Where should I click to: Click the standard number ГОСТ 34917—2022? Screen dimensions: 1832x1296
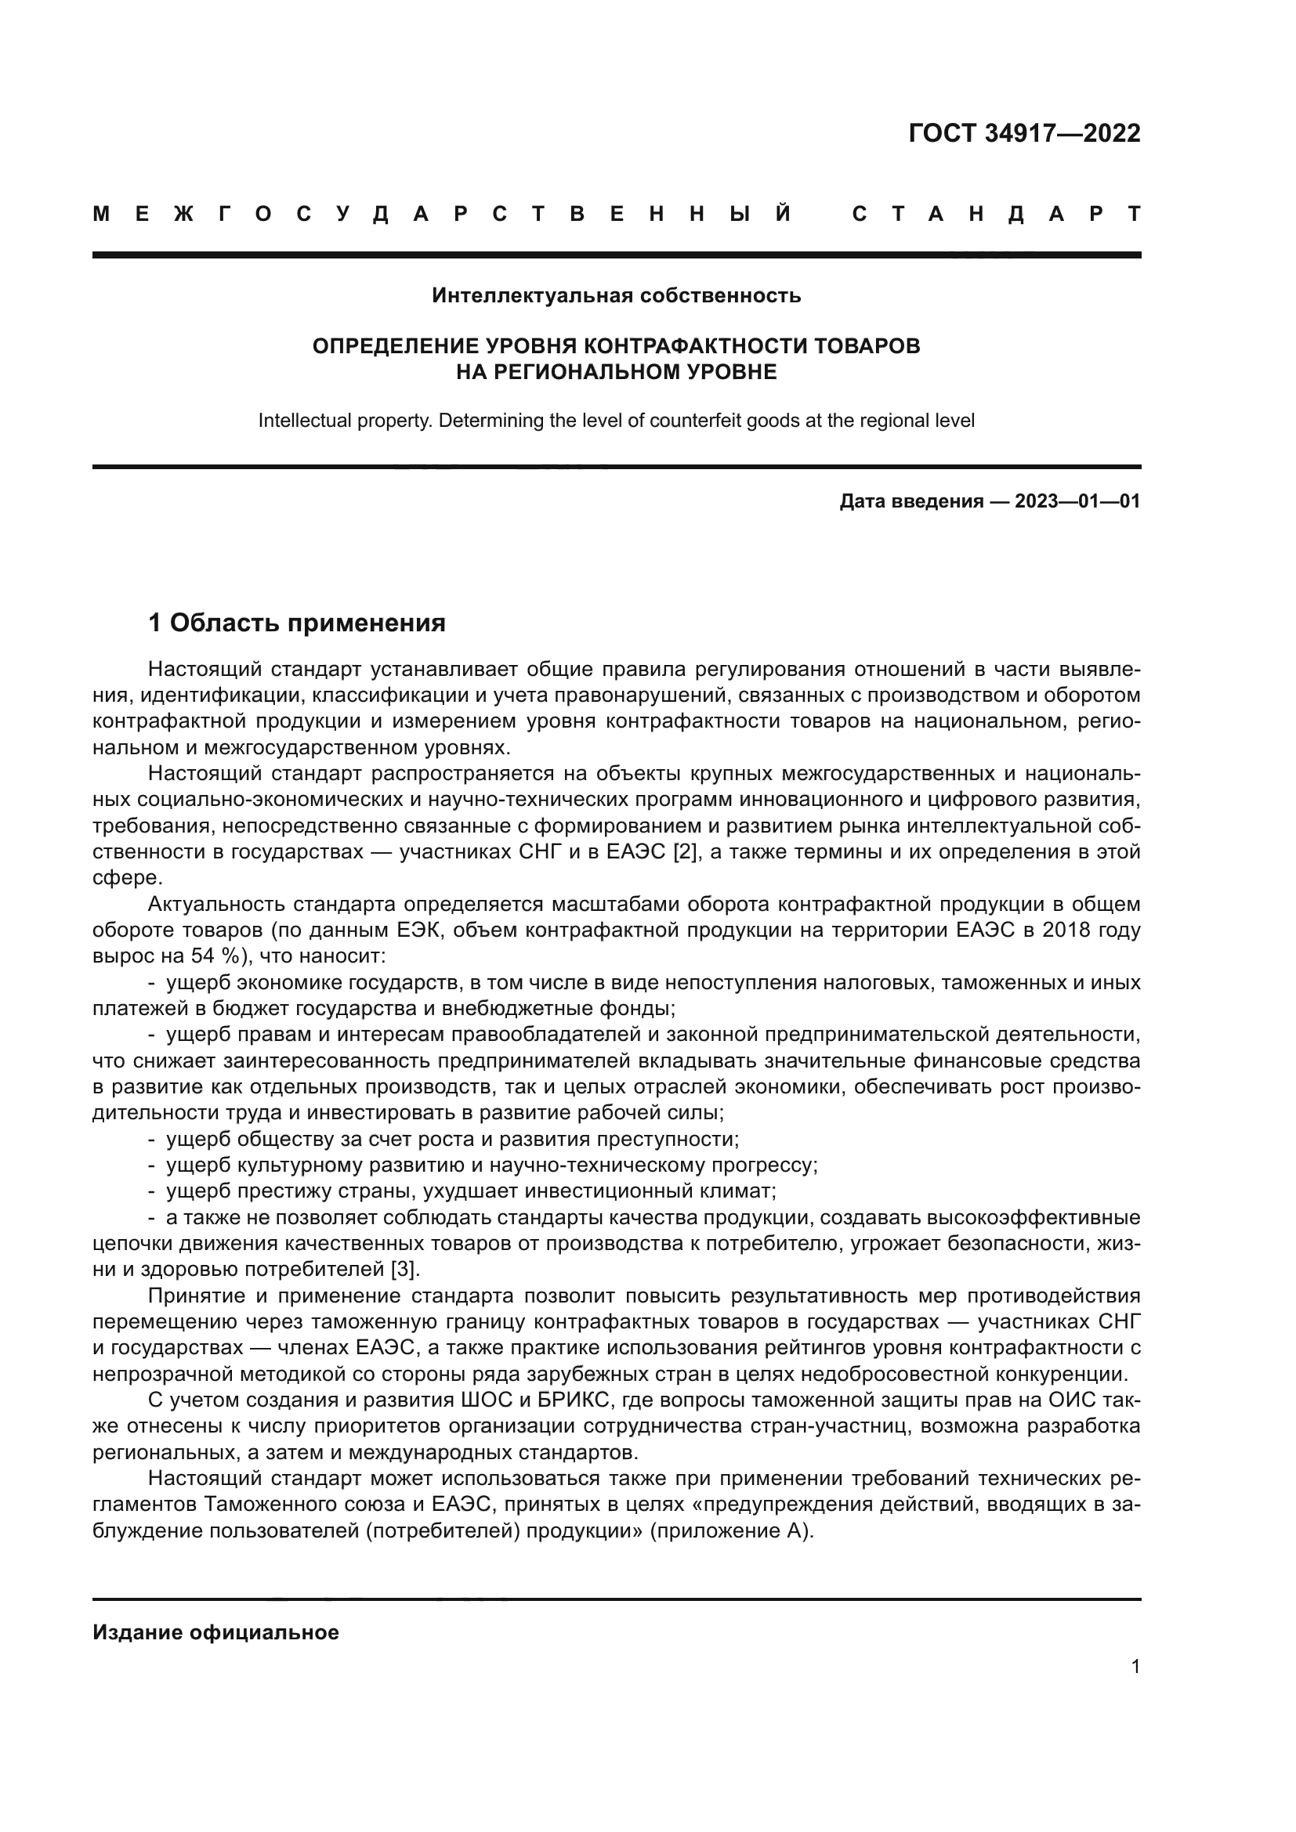pyautogui.click(x=1024, y=132)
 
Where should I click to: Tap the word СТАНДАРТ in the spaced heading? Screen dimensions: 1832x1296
pyautogui.click(x=996, y=214)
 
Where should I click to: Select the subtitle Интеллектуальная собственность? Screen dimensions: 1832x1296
pyautogui.click(x=616, y=296)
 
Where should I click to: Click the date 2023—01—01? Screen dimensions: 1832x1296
pyautogui.click(x=1077, y=501)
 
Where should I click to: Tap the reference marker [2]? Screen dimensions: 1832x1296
pyautogui.click(x=685, y=851)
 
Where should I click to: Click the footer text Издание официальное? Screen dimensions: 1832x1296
pyautogui.click(x=215, y=1632)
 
